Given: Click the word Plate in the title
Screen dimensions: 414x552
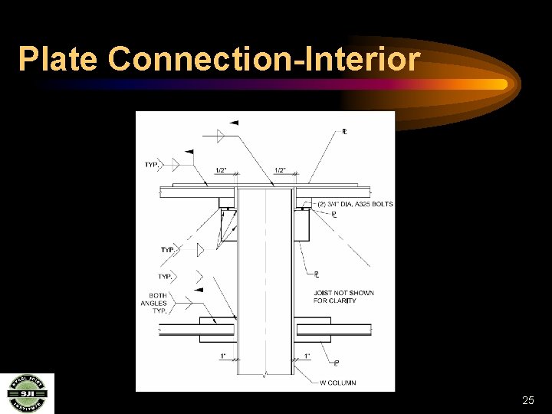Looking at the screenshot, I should [x=59, y=59].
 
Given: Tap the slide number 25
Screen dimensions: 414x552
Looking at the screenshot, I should [x=527, y=400].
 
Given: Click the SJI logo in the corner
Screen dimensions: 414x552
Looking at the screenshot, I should [x=27, y=393].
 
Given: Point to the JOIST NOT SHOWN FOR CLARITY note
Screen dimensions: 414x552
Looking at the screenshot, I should [x=343, y=297].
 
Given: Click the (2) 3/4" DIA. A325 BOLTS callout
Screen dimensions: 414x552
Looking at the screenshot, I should [x=356, y=204].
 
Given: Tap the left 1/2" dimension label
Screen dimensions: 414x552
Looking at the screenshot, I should [x=222, y=170].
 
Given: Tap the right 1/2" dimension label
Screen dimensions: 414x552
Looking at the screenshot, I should [x=281, y=170].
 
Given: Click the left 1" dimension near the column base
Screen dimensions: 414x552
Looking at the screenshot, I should [x=222, y=356].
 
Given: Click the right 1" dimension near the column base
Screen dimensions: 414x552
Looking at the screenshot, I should [x=307, y=356].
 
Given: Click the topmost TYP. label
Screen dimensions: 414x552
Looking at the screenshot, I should [x=152, y=165].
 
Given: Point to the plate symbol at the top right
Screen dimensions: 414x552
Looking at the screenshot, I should [x=344, y=132].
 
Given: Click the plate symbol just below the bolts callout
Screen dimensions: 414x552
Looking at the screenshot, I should [x=335, y=215].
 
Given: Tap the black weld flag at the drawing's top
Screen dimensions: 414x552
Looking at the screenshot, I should [x=234, y=123].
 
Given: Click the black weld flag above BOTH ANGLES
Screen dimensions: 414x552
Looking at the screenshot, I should [x=198, y=290].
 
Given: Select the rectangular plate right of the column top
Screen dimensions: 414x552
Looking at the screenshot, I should [x=301, y=225].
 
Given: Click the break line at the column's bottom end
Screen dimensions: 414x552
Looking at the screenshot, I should [x=264, y=374].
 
